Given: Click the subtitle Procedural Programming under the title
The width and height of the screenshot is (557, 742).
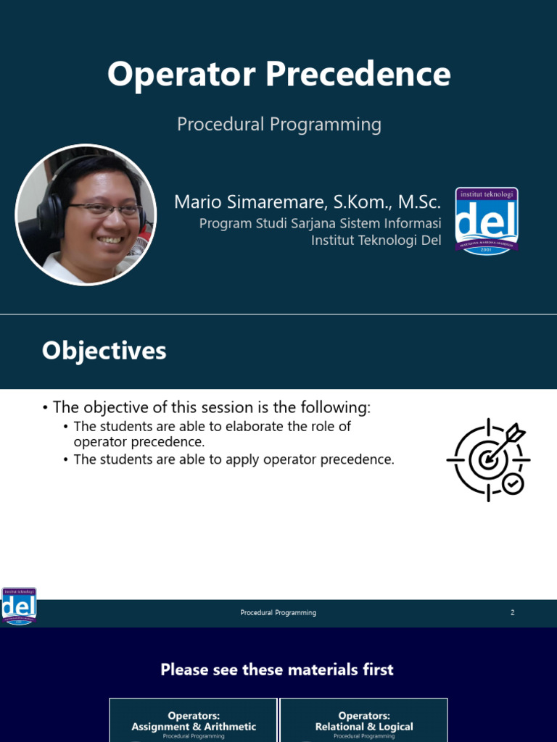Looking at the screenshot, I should pos(279,124).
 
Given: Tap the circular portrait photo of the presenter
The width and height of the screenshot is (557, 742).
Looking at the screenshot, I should pos(86,214).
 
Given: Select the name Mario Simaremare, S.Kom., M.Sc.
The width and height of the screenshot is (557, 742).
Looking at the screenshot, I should pos(307,202).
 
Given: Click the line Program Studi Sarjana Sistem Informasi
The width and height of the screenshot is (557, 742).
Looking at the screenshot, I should pos(320,223).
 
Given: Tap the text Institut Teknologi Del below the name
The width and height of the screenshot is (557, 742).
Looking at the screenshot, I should pos(376,240).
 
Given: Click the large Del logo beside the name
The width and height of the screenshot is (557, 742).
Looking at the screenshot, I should pos(486,220).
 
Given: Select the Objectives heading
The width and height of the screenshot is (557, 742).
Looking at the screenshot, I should pos(104,351).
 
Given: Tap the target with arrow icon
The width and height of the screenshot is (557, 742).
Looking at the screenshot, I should pos(487,459).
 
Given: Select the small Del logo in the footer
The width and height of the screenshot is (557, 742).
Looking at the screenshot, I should pos(19,606).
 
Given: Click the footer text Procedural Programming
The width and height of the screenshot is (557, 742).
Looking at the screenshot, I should pos(278,612).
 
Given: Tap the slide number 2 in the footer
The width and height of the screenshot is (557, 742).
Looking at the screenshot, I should pos(512,612).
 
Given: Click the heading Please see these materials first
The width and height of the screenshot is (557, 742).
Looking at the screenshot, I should pos(277,670).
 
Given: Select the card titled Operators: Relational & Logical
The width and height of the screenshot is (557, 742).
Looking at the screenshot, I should pos(363,722).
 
